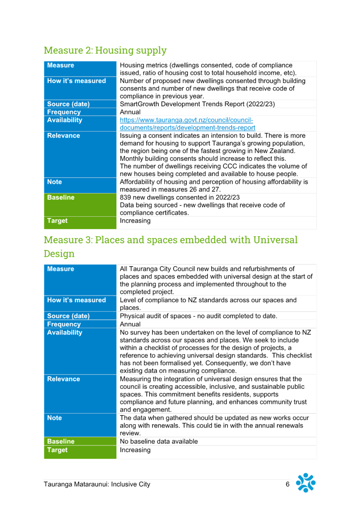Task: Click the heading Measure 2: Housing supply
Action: point(105,50)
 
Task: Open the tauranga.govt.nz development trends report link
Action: point(187,124)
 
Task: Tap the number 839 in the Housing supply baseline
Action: point(125,197)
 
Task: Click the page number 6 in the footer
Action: point(287,484)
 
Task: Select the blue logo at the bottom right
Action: point(306,483)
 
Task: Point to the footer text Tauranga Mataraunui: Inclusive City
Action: point(97,484)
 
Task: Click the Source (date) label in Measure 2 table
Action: point(68,104)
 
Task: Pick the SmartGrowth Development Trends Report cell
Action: point(197,104)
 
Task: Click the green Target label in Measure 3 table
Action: point(58,450)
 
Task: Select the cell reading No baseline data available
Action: point(159,442)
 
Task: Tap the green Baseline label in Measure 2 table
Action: point(61,197)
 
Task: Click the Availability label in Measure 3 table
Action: point(65,332)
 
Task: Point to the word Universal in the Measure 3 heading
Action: point(275,240)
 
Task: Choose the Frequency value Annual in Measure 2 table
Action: point(130,112)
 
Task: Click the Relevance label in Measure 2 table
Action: point(63,136)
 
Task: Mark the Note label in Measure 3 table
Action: point(54,418)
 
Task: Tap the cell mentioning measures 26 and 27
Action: point(214,185)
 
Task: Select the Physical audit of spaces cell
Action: point(199,316)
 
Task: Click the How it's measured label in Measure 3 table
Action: point(77,300)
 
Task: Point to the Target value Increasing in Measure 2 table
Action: point(135,221)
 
